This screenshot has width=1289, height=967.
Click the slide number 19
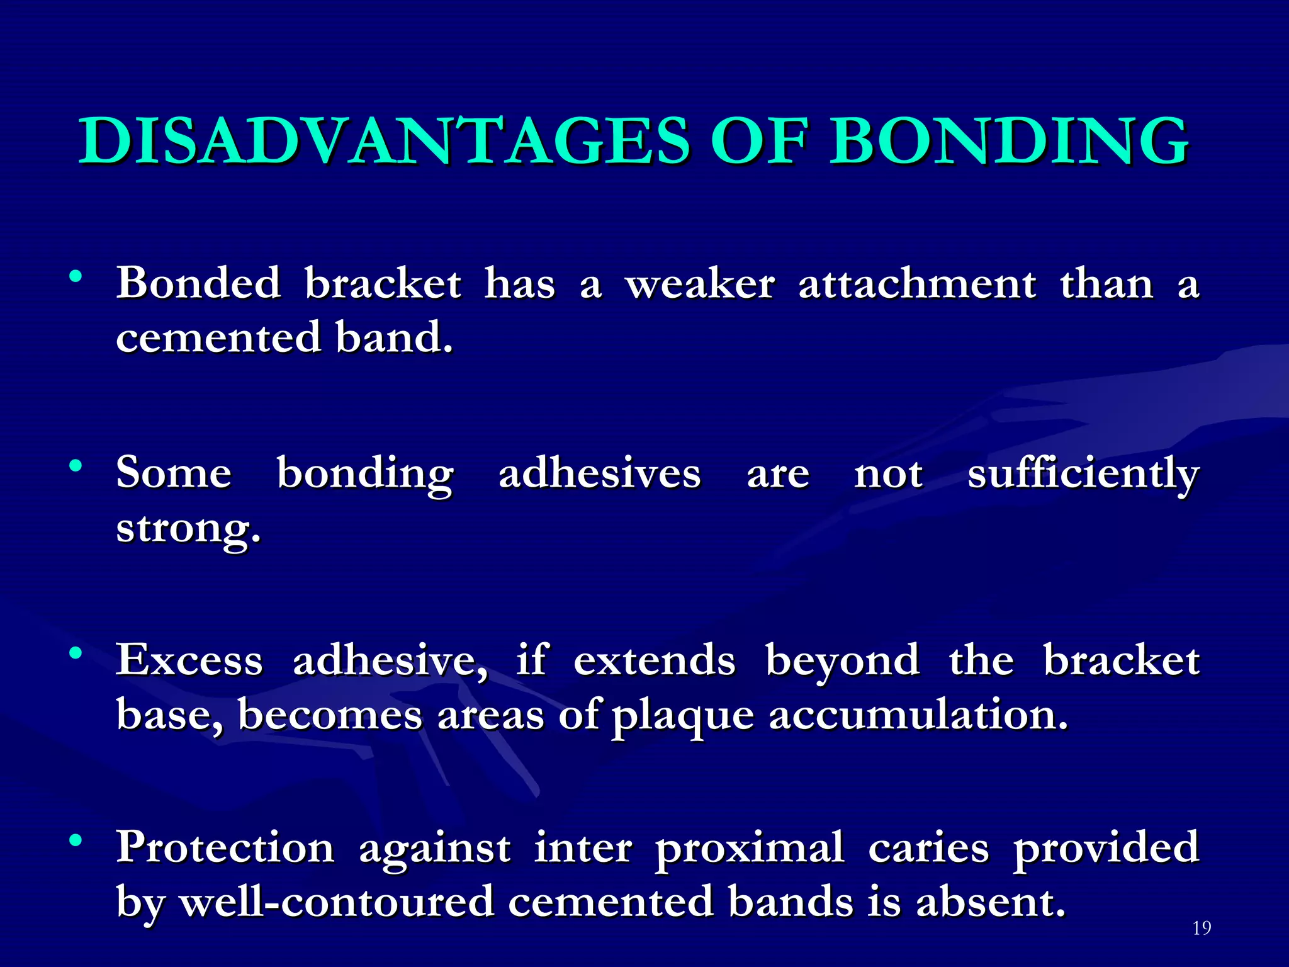tap(1202, 928)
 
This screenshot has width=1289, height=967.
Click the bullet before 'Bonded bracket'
tap(76, 276)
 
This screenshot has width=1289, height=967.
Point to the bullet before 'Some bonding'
tap(76, 466)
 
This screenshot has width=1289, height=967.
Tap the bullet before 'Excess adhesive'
tap(76, 653)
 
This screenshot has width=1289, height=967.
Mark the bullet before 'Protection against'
tap(76, 840)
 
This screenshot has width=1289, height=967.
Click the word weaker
tap(700, 285)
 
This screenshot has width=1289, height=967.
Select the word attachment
tap(917, 285)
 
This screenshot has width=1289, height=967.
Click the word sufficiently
tap(1083, 474)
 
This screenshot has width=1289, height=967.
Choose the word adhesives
tap(599, 474)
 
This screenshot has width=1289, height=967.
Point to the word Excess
tap(189, 661)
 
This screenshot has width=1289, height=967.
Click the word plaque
tap(682, 716)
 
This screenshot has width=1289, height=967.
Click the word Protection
tap(225, 848)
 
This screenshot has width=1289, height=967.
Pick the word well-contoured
tap(337, 902)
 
